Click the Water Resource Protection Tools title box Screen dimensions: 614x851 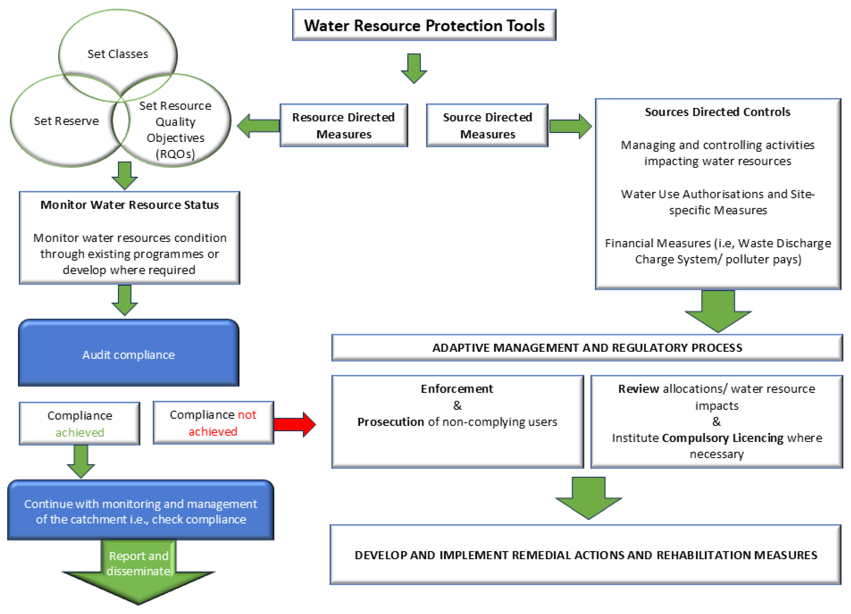[424, 25]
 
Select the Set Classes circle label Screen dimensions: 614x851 [118, 54]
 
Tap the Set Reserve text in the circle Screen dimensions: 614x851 [66, 121]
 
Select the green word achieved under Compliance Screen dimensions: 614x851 [80, 432]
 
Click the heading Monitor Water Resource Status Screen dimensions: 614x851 [129, 205]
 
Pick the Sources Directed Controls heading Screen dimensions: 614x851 [717, 112]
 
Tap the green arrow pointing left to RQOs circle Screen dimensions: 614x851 [259, 126]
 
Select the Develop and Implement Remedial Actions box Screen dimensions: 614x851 [585, 555]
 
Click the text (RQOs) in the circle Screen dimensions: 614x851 [175, 154]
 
